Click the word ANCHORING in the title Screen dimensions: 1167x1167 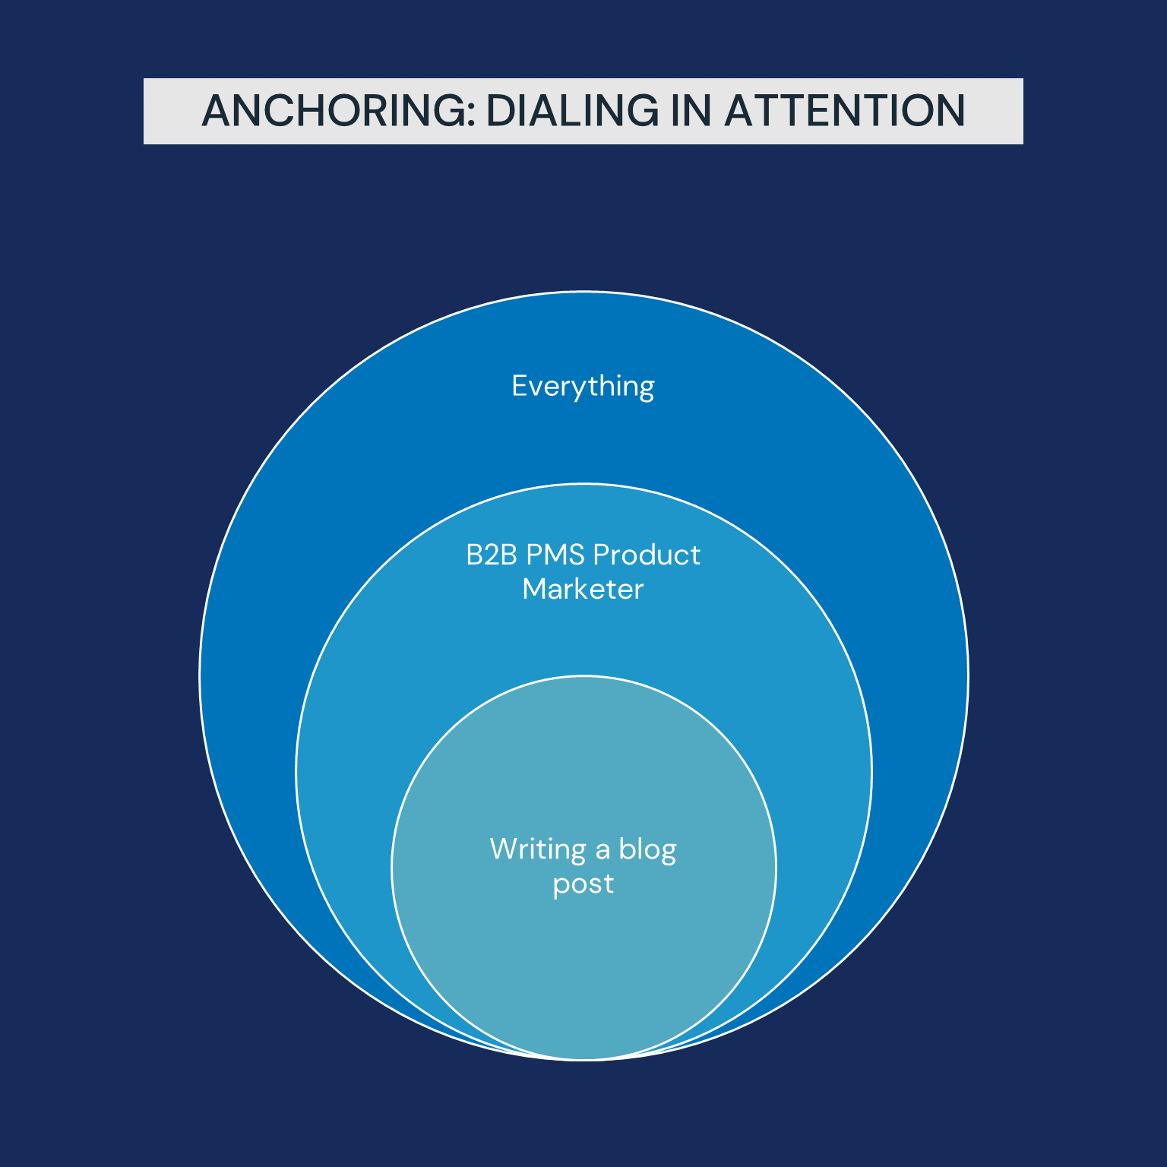pyautogui.click(x=335, y=111)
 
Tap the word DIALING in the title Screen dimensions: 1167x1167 pyautogui.click(x=573, y=111)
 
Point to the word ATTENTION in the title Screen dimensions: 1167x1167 pyautogui.click(x=844, y=111)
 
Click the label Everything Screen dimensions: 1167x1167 pyautogui.click(x=583, y=387)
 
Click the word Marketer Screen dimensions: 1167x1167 pyautogui.click(x=583, y=590)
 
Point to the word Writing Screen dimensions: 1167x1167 pyautogui.click(x=538, y=850)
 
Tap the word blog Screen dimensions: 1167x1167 pyautogui.click(x=647, y=850)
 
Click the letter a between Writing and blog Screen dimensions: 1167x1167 pyautogui.click(x=602, y=852)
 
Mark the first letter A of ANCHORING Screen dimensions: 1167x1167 pyautogui.click(x=216, y=111)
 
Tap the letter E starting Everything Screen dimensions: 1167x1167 pyautogui.click(x=520, y=385)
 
